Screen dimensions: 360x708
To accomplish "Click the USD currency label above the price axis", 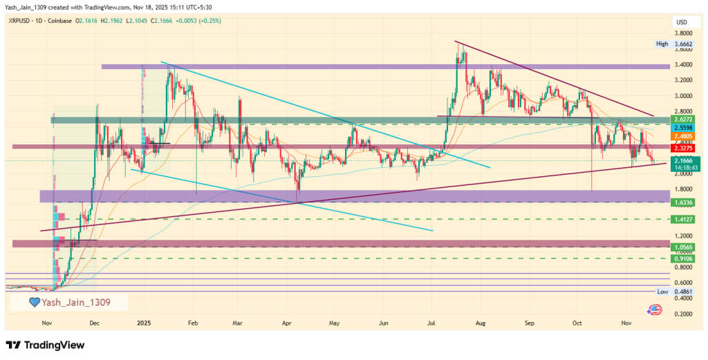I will coord(681,22).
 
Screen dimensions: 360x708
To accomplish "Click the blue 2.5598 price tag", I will coord(683,128).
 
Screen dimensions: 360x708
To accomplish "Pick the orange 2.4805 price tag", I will coord(683,137).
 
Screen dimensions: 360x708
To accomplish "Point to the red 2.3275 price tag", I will coord(683,147).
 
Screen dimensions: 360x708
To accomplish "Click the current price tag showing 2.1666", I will coord(683,160).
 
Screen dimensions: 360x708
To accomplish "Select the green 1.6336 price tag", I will coord(683,202).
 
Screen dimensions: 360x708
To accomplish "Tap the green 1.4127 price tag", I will coord(683,219).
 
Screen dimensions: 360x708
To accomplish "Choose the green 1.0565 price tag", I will coord(683,247).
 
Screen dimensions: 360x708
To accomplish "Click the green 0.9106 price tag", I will coord(683,258).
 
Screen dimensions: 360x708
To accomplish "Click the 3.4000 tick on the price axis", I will coord(684,65).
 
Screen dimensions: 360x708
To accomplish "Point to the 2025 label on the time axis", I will coord(144,323).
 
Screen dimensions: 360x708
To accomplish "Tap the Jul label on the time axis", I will coord(431,323).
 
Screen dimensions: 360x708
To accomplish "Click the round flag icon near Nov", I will coord(652,312).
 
